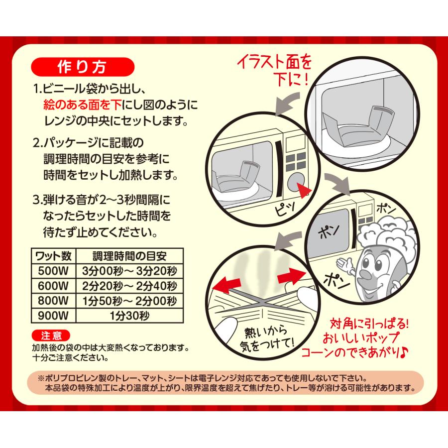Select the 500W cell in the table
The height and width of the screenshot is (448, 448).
53,271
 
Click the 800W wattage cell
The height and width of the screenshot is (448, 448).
53,301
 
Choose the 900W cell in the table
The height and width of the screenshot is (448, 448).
53,315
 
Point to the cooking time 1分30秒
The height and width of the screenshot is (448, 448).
129,315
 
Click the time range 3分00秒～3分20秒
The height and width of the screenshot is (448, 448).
129,271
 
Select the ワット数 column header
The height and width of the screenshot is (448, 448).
53,257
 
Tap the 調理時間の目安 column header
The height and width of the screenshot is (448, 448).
129,257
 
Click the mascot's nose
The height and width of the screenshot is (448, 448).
366,274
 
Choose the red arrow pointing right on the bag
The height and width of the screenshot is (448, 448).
291,275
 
